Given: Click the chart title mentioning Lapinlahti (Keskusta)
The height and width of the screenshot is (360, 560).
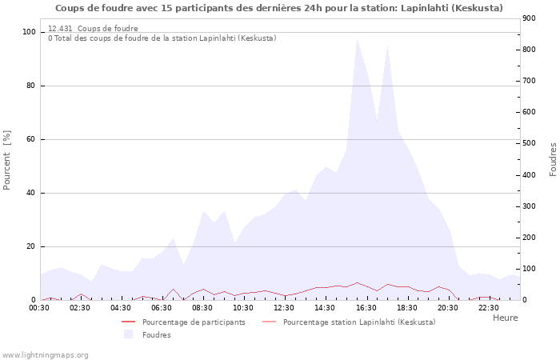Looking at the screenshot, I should pos(279,8).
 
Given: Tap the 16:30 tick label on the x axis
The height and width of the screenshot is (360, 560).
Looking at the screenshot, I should pos(366,308).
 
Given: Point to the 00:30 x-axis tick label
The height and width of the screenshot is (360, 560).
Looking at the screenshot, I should pos(40,308).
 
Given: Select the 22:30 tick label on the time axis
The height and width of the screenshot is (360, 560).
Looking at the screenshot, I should pos(489,308).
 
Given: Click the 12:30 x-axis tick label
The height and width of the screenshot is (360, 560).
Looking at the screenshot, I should pos(285,308).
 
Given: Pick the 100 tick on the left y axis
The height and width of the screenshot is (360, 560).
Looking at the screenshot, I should pos(30,32).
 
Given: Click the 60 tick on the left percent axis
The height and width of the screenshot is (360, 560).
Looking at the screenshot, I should pos(32,139).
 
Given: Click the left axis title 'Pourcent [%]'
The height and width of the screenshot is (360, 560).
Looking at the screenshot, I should pos(8,160).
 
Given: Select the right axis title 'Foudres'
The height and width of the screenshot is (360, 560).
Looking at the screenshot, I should pos(553,160).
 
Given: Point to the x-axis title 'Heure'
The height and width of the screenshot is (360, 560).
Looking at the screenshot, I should pos(505,318).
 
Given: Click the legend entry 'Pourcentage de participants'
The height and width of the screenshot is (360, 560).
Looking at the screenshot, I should pos(194,322).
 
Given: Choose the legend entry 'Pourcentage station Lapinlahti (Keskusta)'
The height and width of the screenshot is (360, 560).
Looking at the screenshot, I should pos(359,322).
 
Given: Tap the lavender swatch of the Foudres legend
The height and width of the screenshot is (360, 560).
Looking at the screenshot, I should pos(128,334).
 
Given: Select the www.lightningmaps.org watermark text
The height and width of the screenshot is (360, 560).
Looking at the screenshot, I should pos(46,354).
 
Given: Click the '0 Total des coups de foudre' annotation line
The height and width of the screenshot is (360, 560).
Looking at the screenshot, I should pos(162,38).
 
